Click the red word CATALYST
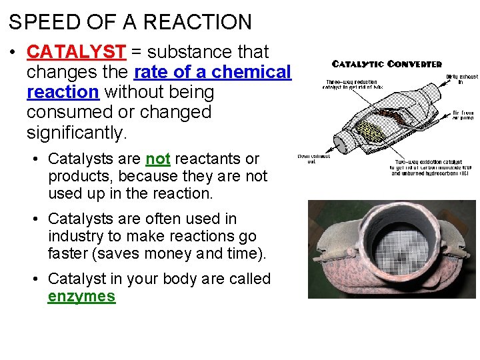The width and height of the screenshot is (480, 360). pos(76,52)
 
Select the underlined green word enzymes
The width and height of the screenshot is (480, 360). pos(81,297)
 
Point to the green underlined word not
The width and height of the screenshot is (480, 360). pos(158,159)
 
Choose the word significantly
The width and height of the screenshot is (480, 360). pos(76,132)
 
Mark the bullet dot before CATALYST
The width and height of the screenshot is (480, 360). pos(14,52)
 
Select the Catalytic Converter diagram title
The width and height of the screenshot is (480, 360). pos(387,64)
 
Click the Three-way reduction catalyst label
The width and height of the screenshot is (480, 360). pos(345,83)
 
